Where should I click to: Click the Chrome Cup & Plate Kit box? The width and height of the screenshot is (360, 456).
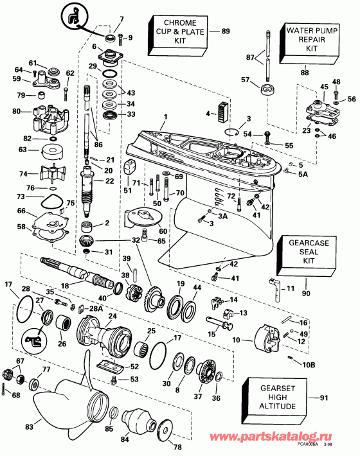(175, 32)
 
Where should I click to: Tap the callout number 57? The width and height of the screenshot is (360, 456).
(244, 80)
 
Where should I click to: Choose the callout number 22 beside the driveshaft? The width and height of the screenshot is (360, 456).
(109, 182)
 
